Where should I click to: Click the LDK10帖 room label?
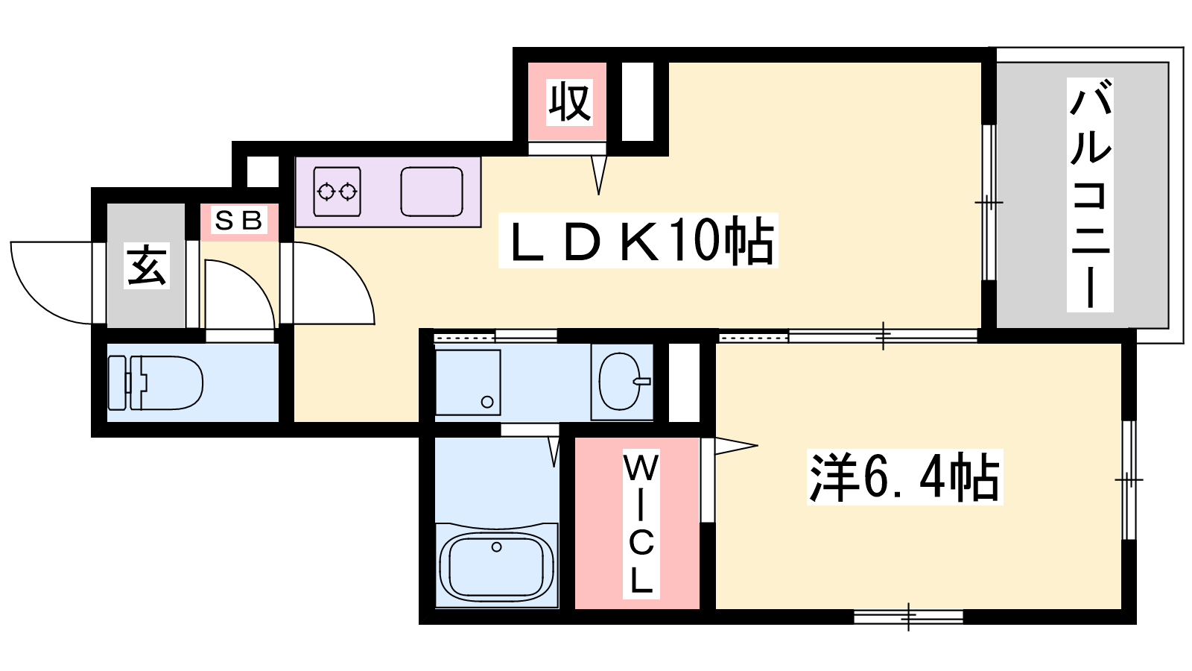coord(638,241)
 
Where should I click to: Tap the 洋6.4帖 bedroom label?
coord(904,477)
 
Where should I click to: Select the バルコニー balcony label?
coord(1090,195)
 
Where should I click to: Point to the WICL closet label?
coord(641,525)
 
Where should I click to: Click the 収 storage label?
coord(569,101)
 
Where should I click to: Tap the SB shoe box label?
coord(239,220)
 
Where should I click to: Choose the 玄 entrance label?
coord(147,265)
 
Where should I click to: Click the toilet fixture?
coord(156,383)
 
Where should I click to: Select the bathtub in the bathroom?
coord(496,565)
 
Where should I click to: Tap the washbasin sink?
coord(622,381)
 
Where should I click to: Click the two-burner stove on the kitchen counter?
coord(337,192)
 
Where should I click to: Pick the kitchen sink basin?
coord(431,192)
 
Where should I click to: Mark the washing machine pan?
coord(468,382)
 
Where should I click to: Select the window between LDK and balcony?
coord(989,202)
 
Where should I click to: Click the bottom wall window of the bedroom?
coord(908,617)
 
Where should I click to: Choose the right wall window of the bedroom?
coord(1129,480)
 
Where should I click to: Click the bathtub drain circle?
coord(496,547)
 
